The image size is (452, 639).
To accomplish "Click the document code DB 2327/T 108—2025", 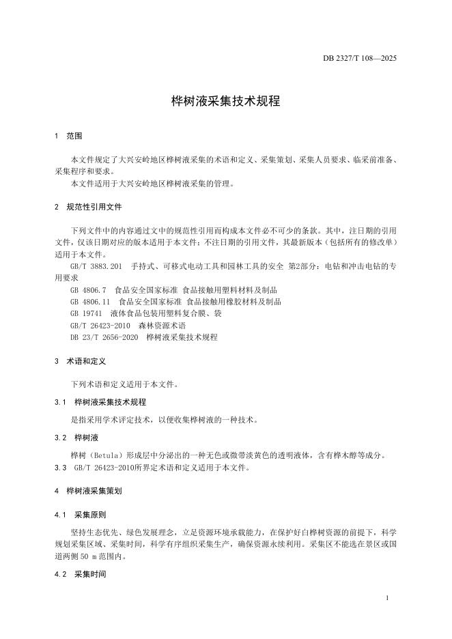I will pos(359,58).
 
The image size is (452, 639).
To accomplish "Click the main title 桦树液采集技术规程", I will pos(225,101).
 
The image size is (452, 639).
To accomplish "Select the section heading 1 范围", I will pos(68,137).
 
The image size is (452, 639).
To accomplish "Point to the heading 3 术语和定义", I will pos(80,360).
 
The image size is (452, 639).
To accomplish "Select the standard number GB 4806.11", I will pos(90,302).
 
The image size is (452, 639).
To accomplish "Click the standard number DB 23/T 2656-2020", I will pos(103,337).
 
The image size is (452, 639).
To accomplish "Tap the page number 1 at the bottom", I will pos(386,598).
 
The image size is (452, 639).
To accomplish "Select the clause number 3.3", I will pos(61,468).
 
